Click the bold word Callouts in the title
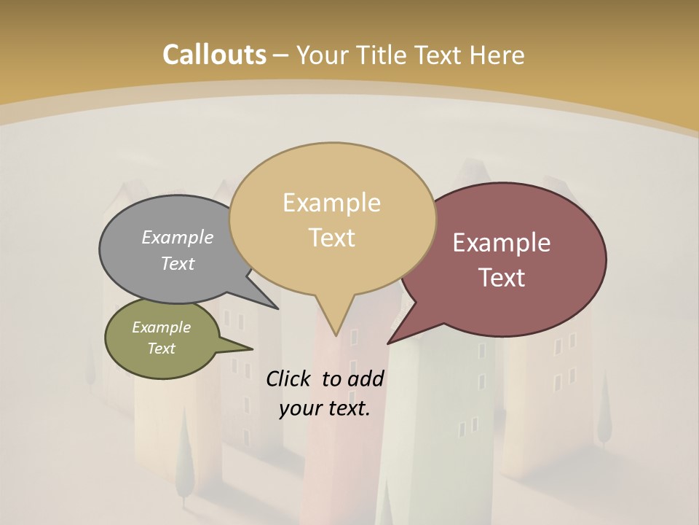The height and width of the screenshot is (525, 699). tap(214, 55)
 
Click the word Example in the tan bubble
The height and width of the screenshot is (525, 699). tap(331, 203)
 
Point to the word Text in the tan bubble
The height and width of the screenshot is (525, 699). tap(331, 238)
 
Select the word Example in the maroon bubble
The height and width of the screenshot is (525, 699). tap(502, 243)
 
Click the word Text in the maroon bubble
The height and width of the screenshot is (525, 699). tap(502, 278)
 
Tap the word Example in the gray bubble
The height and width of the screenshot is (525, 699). tap(178, 238)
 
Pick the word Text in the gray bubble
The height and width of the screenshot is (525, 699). tap(178, 264)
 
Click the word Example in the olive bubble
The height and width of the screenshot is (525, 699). tap(162, 327)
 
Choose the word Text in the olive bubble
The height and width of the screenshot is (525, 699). tap(162, 349)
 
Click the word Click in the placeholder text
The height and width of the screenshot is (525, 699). tap(290, 378)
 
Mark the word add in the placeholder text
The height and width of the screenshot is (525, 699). tap(366, 378)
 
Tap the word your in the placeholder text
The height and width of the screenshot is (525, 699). tap(299, 408)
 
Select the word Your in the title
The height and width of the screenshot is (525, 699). tap(321, 55)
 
